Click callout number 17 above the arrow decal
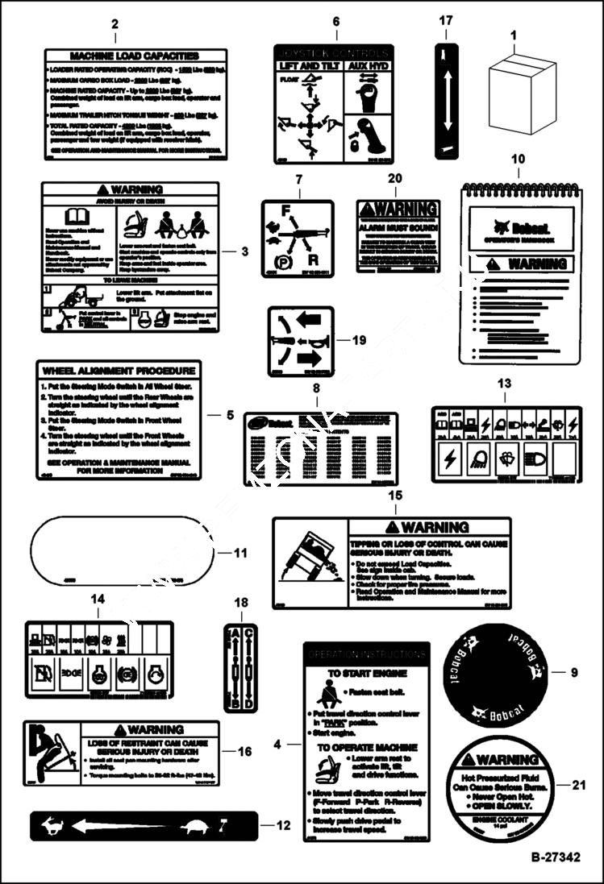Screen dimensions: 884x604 446,21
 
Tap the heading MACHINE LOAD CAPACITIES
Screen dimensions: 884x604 134,56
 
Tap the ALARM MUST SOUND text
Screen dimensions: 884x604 398,229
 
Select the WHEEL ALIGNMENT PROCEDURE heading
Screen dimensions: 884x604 119,371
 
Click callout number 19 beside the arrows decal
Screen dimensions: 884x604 359,340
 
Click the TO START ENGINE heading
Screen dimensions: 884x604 366,673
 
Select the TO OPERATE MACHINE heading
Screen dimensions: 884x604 366,747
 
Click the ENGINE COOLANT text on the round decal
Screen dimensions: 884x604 501,816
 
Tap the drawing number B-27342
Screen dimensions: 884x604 555,857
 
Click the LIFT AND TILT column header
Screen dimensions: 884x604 306,65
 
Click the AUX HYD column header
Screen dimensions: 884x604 368,65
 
